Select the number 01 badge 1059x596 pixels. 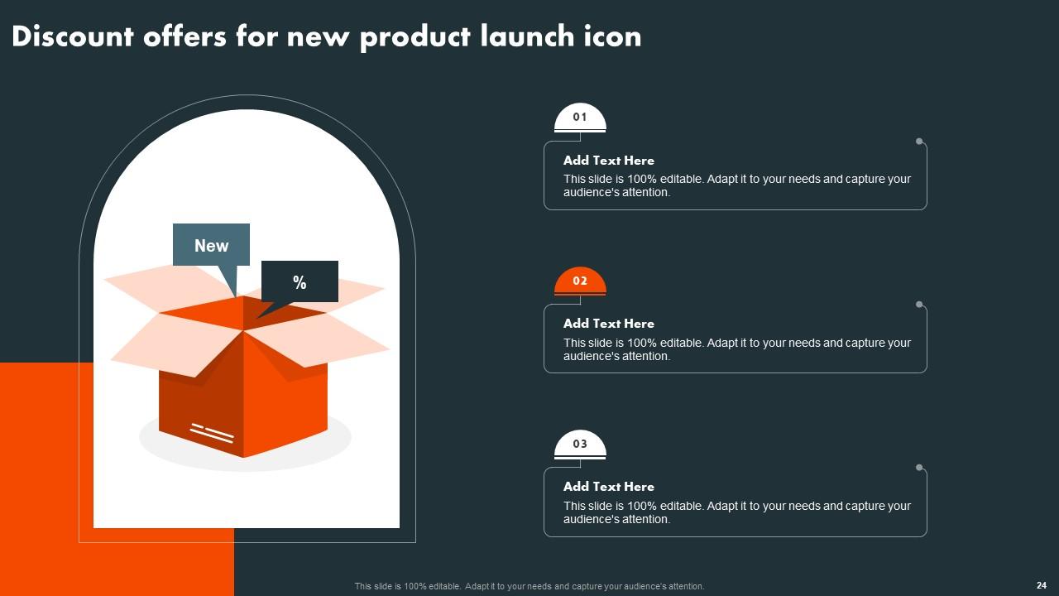580,118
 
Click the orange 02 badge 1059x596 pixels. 580,281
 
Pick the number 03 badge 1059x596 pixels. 580,445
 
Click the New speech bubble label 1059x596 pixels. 211,245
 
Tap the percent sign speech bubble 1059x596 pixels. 299,282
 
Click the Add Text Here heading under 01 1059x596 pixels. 608,161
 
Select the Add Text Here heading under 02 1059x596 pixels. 608,324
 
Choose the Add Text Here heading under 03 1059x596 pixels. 608,487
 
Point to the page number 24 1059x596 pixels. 1041,585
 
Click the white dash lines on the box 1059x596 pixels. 212,432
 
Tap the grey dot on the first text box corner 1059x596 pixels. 919,142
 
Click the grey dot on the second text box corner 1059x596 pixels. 919,305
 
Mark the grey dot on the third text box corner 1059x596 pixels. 919,468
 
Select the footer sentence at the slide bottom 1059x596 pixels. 529,586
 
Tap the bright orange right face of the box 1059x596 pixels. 285,397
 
